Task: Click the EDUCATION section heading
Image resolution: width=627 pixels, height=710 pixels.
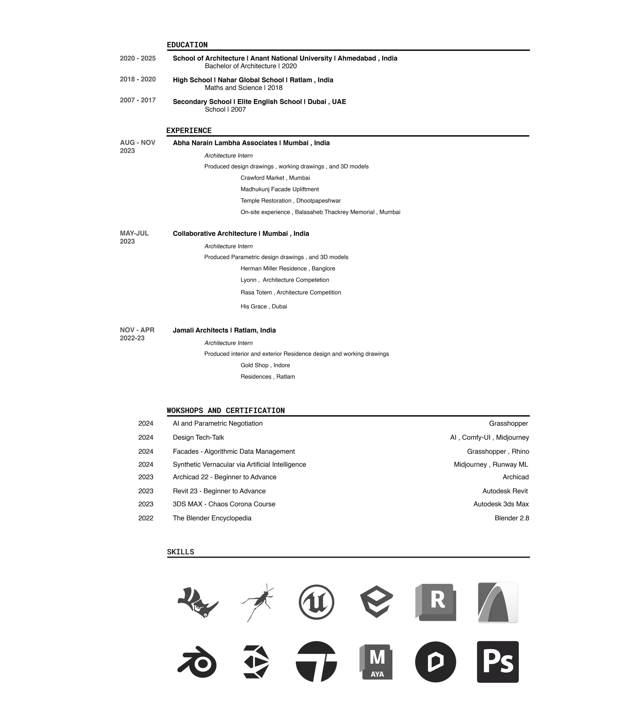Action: [x=187, y=45]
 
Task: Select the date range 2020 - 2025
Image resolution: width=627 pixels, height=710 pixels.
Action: [x=138, y=58]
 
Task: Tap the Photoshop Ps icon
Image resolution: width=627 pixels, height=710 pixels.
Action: [x=497, y=662]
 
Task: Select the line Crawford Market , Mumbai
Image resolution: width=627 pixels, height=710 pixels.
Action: [x=275, y=178]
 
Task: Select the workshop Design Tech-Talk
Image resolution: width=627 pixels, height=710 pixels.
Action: [x=198, y=437]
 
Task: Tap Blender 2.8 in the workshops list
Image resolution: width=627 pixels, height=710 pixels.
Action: [x=512, y=518]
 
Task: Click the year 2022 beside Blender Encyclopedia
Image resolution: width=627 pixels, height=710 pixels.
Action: [x=146, y=518]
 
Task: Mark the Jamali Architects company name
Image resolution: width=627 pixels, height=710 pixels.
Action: [x=224, y=330]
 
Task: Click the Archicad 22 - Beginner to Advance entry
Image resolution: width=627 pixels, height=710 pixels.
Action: [x=225, y=477]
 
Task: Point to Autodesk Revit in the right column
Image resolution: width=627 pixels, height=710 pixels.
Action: [x=505, y=491]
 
